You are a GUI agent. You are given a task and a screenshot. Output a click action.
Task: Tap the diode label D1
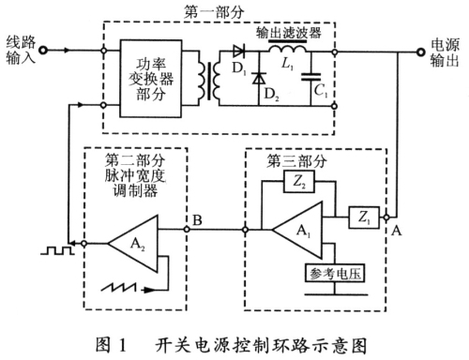tap(236, 69)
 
